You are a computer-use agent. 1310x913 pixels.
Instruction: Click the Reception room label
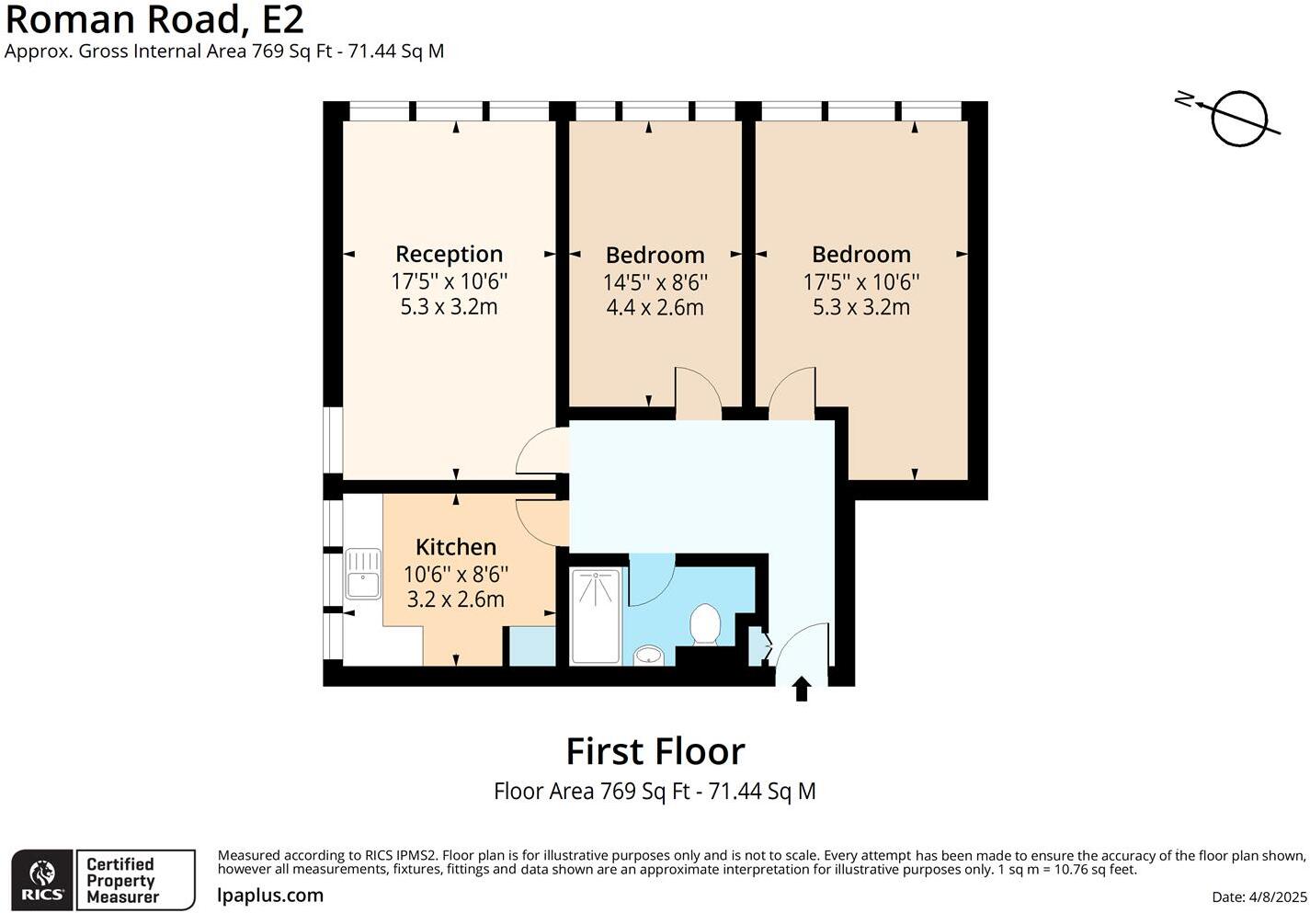tap(449, 254)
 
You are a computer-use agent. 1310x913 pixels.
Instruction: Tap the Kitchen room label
tap(455, 547)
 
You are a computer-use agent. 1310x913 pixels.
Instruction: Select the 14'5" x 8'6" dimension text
tap(655, 282)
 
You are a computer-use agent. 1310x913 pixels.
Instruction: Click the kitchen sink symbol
tap(363, 573)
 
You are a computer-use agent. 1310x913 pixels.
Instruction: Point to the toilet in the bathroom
tap(705, 624)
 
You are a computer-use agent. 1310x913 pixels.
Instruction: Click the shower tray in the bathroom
tap(595, 615)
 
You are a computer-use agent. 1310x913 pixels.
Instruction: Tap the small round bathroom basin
tap(649, 656)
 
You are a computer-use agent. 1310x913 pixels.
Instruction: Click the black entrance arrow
tap(802, 689)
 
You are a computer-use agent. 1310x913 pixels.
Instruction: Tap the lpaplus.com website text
tap(270, 896)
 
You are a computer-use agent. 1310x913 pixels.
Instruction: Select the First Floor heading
tap(655, 751)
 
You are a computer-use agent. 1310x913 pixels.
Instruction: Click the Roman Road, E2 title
tap(154, 18)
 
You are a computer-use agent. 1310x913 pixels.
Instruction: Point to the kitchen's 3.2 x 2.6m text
tap(455, 599)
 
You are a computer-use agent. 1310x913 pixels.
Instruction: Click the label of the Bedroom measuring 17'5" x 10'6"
tap(861, 254)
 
